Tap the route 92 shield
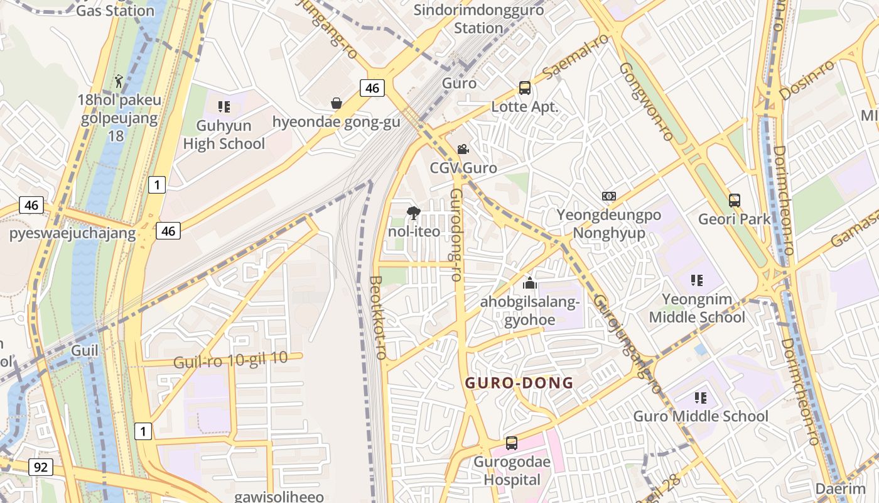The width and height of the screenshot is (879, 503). [41, 467]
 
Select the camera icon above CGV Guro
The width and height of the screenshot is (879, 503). [463, 150]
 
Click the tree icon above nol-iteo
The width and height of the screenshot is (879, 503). [413, 213]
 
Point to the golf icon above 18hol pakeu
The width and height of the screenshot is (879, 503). [119, 81]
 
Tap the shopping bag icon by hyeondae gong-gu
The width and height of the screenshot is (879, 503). [337, 103]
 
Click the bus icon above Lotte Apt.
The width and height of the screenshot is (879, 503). [524, 88]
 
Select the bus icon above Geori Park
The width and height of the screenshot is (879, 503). [734, 201]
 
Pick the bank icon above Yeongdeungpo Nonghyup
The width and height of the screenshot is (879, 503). [608, 196]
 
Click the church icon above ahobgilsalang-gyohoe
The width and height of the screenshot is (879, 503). [530, 283]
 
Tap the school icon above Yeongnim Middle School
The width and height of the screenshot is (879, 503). [696, 280]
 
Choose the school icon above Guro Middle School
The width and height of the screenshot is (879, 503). [700, 397]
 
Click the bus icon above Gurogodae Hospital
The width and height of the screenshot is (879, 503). [512, 443]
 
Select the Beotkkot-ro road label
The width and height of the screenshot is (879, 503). [377, 318]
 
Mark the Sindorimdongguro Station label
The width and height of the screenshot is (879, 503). [478, 19]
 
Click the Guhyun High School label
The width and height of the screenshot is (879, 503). [224, 135]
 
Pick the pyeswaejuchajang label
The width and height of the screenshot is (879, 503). [72, 234]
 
